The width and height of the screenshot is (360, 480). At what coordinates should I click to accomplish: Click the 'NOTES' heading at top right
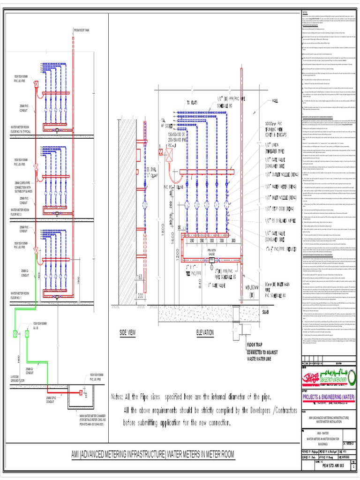tap(305, 12)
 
